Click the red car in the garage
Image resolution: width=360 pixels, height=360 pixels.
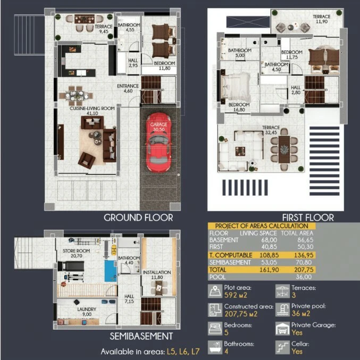(158, 143)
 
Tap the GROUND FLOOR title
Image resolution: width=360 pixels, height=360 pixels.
(138, 217)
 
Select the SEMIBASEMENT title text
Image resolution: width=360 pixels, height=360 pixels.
(141, 336)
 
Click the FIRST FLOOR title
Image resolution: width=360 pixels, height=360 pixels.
(308, 217)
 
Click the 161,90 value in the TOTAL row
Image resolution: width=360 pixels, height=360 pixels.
(269, 270)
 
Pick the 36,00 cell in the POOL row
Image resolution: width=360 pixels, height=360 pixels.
(304, 277)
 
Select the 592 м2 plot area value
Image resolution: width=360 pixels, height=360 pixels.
(236, 295)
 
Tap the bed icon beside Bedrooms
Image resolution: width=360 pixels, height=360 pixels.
(215, 329)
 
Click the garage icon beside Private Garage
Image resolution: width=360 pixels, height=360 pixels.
(282, 329)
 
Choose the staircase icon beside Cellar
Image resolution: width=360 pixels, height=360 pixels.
(282, 347)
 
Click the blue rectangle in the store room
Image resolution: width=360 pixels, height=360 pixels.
(111, 271)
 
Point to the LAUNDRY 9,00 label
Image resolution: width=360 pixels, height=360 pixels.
(87, 312)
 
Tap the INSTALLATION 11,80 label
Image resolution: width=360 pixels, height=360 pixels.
(157, 275)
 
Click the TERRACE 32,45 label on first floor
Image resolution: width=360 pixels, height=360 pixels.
(271, 130)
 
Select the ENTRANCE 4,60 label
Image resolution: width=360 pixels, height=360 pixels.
(128, 88)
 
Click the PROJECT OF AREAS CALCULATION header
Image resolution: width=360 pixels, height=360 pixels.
(262, 226)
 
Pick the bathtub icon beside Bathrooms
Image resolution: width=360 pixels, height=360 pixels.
(215, 347)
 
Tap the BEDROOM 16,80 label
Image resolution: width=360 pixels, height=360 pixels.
(239, 107)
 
